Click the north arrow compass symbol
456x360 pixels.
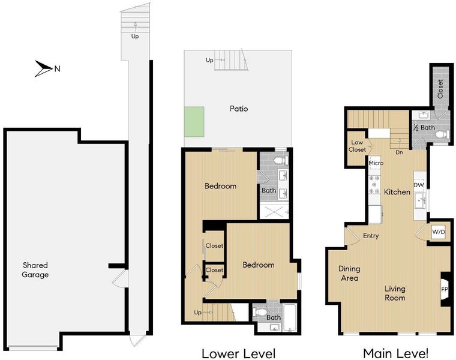point(43,68)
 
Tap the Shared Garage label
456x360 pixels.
point(35,270)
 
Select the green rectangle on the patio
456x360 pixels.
point(194,122)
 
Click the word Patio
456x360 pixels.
point(239,109)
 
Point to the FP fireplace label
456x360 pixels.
point(445,290)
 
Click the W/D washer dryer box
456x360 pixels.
point(438,232)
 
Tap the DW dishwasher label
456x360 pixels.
point(419,185)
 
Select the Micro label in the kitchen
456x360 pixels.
point(376,163)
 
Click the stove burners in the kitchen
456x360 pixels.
point(374,184)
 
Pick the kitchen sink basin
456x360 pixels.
point(420,200)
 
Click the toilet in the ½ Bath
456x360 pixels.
point(442,134)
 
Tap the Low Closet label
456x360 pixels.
point(357,146)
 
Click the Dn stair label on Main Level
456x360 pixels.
point(399,152)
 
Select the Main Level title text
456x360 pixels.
point(395,353)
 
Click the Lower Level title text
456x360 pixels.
point(238,353)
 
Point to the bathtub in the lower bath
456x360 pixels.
point(290,318)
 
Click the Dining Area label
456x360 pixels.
point(349,274)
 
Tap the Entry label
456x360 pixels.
point(371,236)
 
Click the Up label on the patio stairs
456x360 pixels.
point(209,60)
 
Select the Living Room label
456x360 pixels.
point(395,293)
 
